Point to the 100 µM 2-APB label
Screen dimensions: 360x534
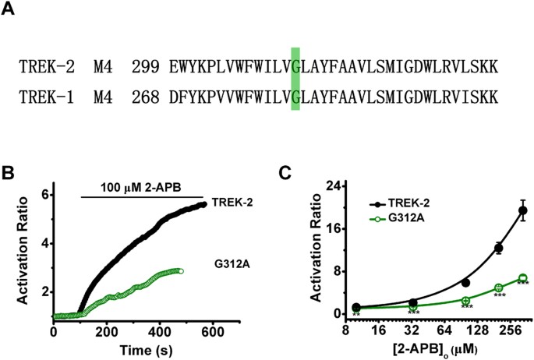pos(141,187)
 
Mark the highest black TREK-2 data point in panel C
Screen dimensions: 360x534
pos(523,210)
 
